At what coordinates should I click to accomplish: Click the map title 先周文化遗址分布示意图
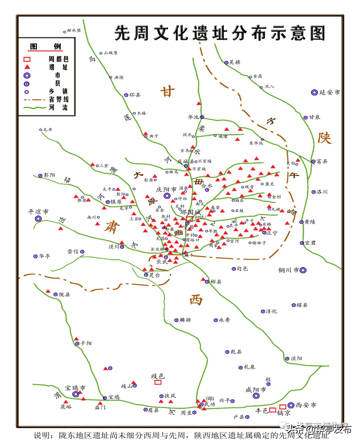coord(220,33)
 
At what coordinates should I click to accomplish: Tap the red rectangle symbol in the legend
coord(27,59)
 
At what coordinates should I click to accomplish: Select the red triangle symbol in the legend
coord(27,67)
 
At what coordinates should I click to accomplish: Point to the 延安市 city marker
coord(314,92)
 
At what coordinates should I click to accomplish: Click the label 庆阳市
coord(166,189)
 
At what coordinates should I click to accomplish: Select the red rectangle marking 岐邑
coord(158,382)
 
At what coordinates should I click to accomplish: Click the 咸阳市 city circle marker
coord(256,396)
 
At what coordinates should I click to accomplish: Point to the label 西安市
coord(306,405)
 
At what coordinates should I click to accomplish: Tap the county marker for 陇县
coord(56,294)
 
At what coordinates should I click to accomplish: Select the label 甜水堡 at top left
coord(74,31)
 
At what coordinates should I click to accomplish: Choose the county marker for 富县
coord(313,161)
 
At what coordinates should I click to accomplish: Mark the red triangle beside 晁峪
coord(66,402)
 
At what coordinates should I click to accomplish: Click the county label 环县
coord(135,95)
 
